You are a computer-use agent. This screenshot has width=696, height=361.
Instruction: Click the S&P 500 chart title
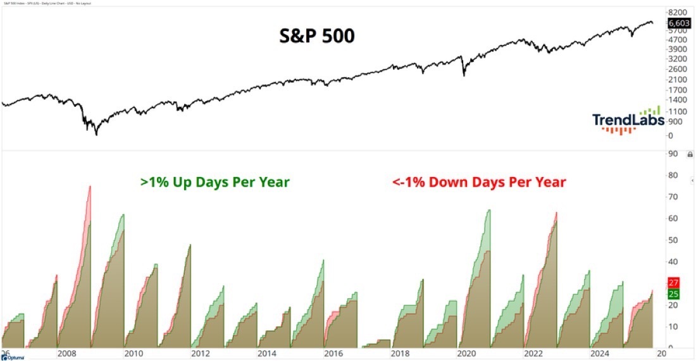click(317, 35)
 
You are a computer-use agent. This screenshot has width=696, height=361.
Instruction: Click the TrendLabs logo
click(628, 119)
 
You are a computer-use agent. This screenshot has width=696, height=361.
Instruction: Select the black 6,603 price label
click(677, 23)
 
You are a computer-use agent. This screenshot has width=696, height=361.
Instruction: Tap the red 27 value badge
click(673, 283)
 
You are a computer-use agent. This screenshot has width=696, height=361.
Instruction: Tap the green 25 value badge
click(673, 294)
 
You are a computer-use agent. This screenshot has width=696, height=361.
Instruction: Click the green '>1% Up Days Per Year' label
click(214, 182)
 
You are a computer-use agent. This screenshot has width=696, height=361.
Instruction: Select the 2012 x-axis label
click(200, 354)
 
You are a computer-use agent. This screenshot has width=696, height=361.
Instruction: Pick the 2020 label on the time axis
click(466, 354)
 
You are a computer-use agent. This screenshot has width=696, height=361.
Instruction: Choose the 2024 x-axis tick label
click(600, 354)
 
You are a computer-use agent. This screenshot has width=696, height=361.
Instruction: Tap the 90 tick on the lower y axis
click(673, 154)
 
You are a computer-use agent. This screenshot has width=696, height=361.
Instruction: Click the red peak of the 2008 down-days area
click(90, 187)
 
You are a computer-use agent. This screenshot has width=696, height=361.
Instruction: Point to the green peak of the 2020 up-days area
click(489, 210)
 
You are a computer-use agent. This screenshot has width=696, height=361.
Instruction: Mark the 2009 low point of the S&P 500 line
click(96, 134)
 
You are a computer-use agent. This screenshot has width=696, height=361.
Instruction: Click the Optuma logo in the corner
click(15, 357)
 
